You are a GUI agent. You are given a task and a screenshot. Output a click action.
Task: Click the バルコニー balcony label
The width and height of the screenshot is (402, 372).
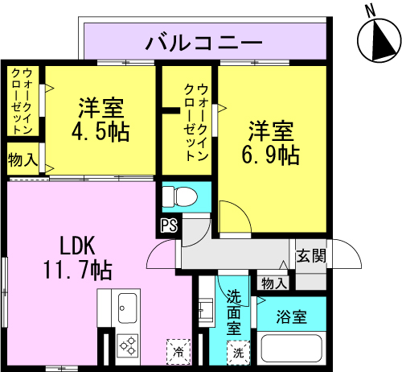(203, 43)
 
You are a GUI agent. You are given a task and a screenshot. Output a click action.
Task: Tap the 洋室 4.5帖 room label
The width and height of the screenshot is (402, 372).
(100, 120)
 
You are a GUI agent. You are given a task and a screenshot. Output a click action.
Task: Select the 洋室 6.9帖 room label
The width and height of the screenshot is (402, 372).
(271, 143)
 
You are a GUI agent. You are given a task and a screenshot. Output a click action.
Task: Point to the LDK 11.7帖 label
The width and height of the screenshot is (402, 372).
(77, 258)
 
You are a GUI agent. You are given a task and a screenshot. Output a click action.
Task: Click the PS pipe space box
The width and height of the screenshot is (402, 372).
(169, 225)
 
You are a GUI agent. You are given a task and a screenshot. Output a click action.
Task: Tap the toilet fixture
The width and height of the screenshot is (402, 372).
(180, 196)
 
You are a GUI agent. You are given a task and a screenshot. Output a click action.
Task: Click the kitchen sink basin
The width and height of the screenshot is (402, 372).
(128, 308)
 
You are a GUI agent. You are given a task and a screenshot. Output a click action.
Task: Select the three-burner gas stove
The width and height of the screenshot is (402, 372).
(128, 345)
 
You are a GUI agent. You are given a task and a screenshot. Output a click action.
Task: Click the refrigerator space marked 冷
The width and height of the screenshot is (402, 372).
(178, 352)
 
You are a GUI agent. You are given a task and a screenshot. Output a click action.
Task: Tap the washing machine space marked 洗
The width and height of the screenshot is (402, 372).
(238, 353)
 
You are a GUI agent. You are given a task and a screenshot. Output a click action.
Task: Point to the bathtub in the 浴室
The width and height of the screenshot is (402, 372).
(291, 349)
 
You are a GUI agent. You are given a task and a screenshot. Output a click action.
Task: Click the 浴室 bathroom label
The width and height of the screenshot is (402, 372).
(292, 316)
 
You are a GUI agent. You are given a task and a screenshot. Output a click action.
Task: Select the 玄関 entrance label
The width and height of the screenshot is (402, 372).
(311, 255)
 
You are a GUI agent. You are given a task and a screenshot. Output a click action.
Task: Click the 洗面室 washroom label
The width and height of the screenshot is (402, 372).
(234, 312)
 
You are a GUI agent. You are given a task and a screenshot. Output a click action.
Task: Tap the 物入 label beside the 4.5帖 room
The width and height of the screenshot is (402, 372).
(23, 160)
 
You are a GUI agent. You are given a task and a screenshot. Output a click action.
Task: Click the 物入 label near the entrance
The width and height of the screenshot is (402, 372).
(274, 283)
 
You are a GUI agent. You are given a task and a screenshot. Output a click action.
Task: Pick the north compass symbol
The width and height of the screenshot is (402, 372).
(379, 40)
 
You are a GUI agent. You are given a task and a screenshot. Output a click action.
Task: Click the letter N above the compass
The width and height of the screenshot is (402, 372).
(371, 12)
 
